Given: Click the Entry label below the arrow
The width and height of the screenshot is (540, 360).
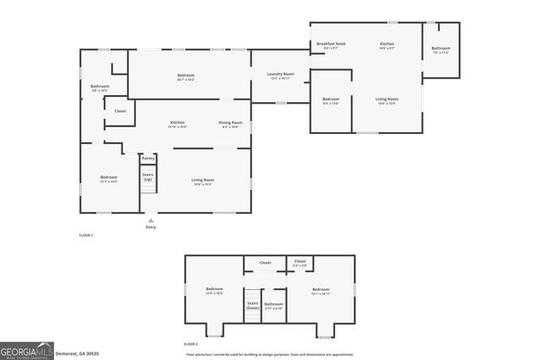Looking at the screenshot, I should point(151,227).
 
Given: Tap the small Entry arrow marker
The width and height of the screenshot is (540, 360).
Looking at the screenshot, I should point(151,220).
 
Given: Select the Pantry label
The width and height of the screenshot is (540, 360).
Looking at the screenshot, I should point(148,158).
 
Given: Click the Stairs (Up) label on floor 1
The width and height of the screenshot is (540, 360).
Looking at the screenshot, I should point(148,177).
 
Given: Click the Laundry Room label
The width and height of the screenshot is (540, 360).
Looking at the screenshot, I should point(281,75).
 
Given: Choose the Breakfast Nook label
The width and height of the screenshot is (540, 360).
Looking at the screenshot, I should point(332,45).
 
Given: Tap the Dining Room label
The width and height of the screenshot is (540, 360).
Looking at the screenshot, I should point(230,124).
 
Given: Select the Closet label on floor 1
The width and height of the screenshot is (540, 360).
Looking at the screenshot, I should point(120,110).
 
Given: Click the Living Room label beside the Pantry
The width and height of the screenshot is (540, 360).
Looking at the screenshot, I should point(202,180).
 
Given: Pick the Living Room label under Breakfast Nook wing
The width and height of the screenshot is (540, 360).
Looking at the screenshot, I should point(387,100).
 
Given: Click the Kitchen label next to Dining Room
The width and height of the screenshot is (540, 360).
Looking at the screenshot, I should point(177,124).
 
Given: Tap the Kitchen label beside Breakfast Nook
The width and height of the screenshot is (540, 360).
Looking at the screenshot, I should point(386,45).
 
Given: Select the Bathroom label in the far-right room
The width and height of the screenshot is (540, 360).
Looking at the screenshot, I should point(440,50).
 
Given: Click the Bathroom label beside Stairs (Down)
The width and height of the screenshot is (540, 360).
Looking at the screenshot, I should point(273,305).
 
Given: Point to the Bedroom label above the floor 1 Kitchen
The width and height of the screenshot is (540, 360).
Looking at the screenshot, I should point(186,77).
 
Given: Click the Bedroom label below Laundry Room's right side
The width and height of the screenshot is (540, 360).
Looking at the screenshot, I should point(331,100).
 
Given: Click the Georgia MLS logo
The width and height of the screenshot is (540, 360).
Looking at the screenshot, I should point(28,349).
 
